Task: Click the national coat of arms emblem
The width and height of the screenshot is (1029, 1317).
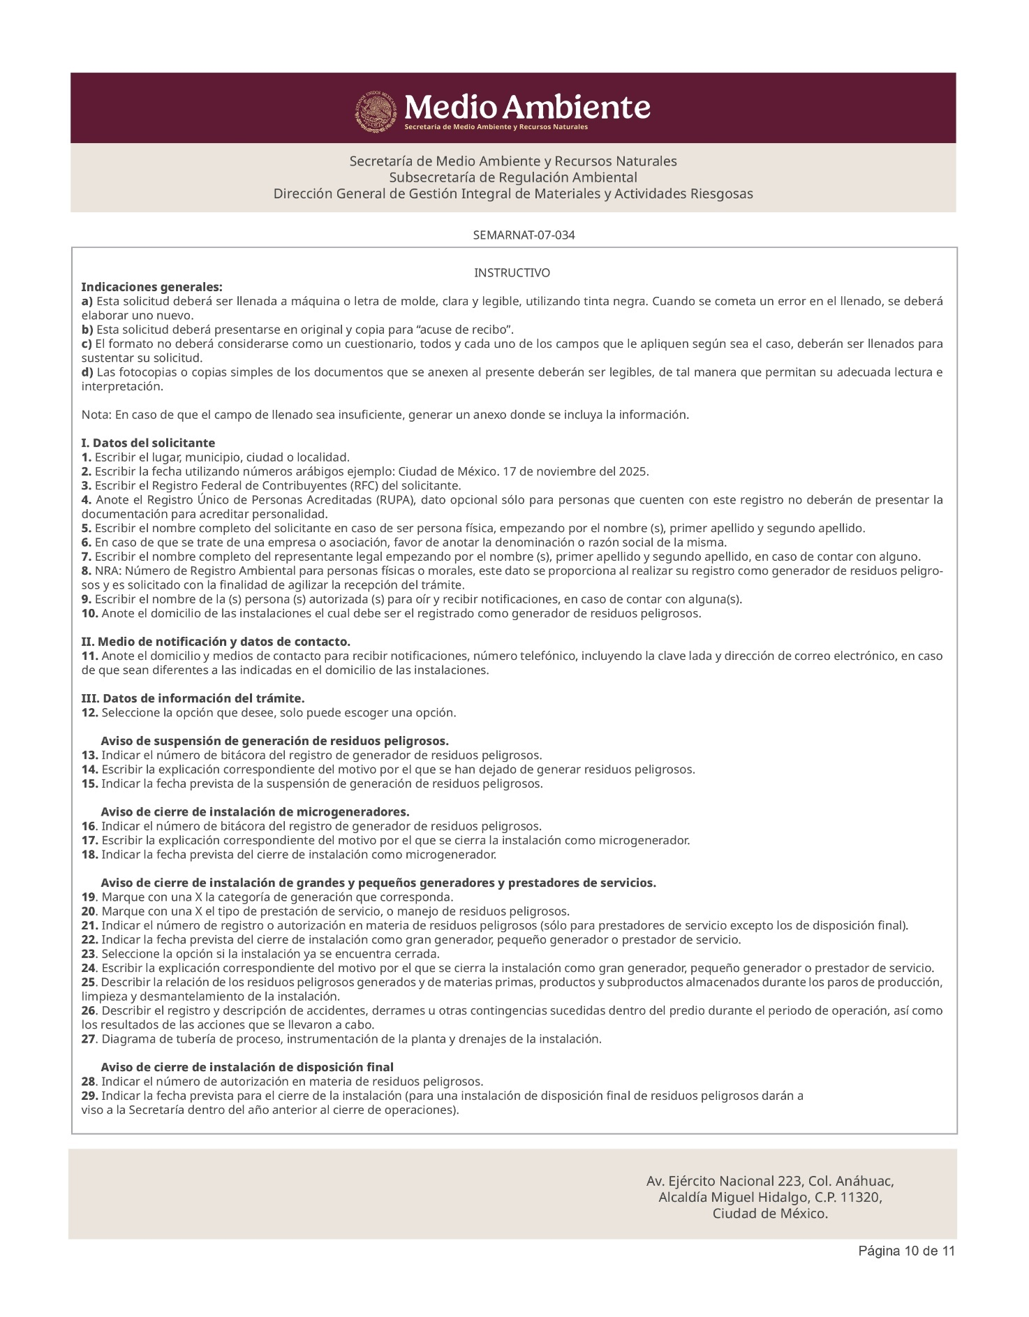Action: [x=377, y=110]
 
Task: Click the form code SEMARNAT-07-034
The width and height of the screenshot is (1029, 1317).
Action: [x=524, y=235]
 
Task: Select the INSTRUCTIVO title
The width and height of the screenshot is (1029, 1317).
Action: [x=512, y=272]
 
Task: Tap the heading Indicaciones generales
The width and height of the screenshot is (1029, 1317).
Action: [x=152, y=287]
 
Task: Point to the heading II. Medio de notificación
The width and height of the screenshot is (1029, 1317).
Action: [x=216, y=642]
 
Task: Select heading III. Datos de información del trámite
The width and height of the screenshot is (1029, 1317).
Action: [x=193, y=699]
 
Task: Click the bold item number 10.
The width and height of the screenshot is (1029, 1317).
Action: [x=89, y=614]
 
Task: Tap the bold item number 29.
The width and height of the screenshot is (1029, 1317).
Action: [x=89, y=1096]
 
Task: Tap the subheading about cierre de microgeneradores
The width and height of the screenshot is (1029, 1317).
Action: [x=255, y=812]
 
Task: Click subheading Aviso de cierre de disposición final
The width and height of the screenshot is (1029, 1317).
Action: [x=247, y=1068]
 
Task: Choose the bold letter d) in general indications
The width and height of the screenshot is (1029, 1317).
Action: [x=87, y=372]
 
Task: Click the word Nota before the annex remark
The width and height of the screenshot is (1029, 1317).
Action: [x=96, y=415]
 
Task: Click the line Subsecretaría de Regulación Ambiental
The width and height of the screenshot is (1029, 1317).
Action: [x=512, y=177]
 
